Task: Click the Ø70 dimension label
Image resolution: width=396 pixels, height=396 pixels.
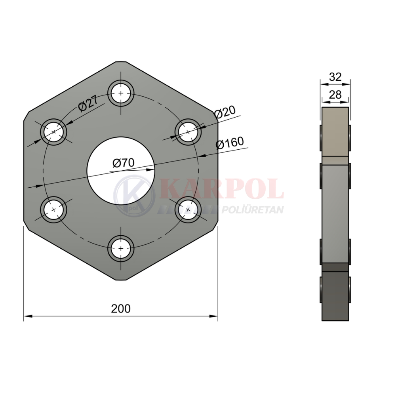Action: coord(124,163)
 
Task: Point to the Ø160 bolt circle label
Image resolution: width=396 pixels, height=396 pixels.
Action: coord(230,143)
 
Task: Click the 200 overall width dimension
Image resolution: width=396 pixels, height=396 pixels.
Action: coord(121,308)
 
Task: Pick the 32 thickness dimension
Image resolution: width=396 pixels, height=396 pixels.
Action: coord(335,77)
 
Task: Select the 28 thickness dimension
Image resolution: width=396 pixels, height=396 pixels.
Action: coord(335,95)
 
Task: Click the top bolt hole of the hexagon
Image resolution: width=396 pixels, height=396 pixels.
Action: coord(121,93)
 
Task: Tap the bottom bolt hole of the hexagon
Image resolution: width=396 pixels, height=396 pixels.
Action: coord(121,249)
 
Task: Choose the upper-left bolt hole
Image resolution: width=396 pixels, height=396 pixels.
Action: coord(53,132)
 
